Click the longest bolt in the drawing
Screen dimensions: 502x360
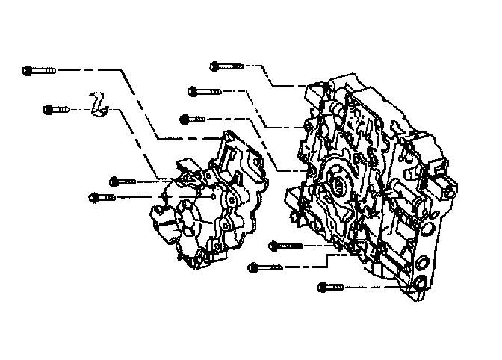(39, 70)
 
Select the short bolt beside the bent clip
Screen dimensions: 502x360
(56, 109)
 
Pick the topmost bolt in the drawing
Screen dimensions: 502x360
(227, 66)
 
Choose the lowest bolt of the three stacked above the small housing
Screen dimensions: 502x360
(196, 118)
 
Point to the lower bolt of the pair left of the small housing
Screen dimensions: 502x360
(104, 197)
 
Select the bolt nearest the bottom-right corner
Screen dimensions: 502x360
(333, 285)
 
